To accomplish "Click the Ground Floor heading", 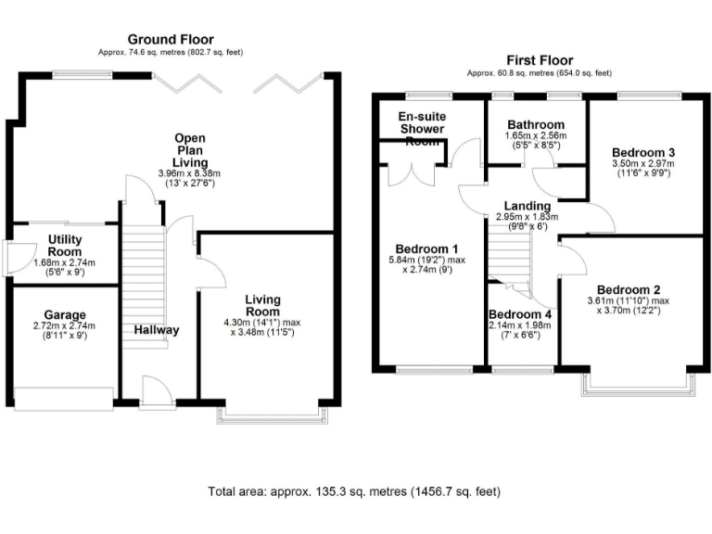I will (x=170, y=40).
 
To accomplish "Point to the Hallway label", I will (x=156, y=330).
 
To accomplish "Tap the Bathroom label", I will (x=537, y=124).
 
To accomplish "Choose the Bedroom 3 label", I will (x=642, y=152).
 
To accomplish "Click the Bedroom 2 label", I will (x=628, y=288).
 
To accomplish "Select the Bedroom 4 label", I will (x=520, y=313).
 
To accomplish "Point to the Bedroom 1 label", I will (x=426, y=249).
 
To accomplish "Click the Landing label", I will (x=528, y=206).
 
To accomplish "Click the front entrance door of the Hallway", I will (x=156, y=393).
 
